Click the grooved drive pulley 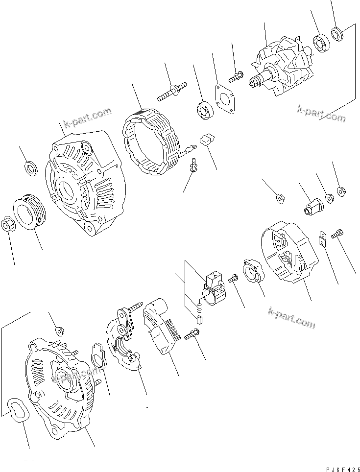[x=30, y=212]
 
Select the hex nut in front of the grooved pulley [x=9, y=224]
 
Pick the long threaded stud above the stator [x=171, y=92]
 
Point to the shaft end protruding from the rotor [x=256, y=83]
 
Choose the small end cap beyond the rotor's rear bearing [x=337, y=34]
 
